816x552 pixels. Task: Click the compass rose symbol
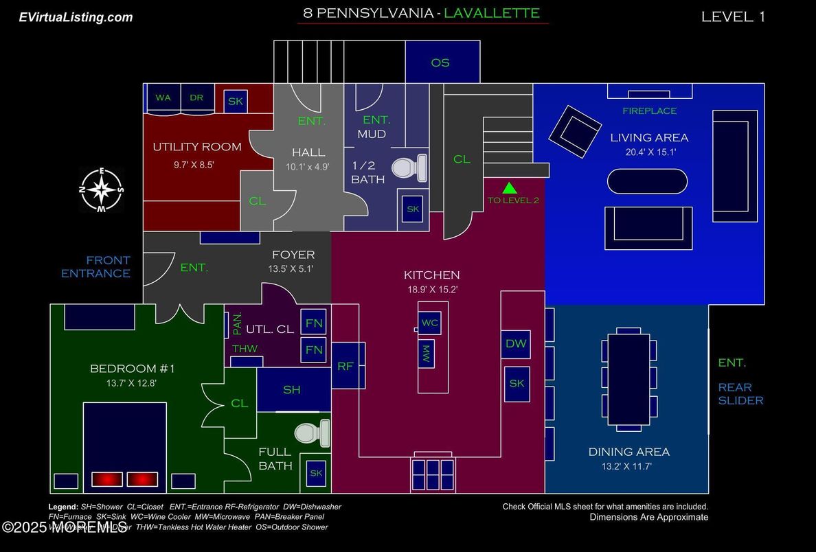click(x=101, y=189)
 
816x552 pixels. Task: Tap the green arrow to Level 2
click(x=509, y=187)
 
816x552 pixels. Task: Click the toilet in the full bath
click(x=313, y=433)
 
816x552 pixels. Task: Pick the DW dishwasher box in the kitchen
click(x=516, y=344)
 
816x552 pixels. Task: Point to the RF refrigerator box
click(x=345, y=366)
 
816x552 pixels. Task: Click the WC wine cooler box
click(x=430, y=322)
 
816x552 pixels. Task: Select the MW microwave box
click(x=426, y=354)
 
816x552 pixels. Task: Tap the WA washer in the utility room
click(x=163, y=98)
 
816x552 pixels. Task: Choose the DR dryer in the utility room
click(x=197, y=98)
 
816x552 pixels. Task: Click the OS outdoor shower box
click(x=440, y=62)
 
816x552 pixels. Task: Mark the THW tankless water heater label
click(x=245, y=349)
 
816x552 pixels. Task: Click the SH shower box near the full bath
click(x=292, y=389)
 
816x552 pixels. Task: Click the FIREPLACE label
click(x=649, y=111)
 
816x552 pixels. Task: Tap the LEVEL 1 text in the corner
click(x=733, y=17)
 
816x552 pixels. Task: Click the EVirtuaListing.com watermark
click(x=76, y=17)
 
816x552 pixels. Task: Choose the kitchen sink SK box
click(x=517, y=383)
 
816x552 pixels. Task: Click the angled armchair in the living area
click(x=574, y=130)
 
